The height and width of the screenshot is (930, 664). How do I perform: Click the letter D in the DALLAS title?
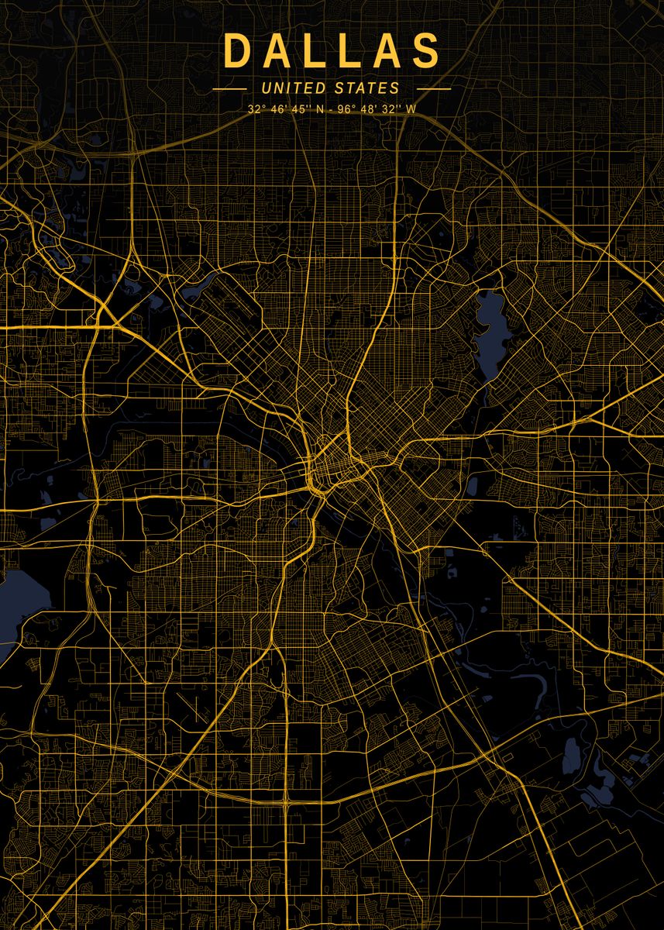coord(236,50)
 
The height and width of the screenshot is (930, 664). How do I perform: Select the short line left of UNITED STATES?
coord(229,89)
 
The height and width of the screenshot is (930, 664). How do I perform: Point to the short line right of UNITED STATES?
coord(433,89)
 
